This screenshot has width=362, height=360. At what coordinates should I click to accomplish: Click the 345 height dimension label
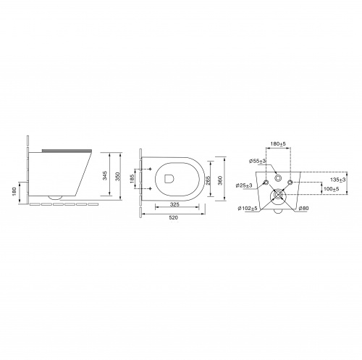coord(105,175)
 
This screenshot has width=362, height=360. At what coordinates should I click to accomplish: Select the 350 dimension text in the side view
coord(117,177)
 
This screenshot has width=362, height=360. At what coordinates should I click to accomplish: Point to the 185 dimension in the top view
coord(132,179)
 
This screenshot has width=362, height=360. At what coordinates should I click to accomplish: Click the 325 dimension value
coord(174,204)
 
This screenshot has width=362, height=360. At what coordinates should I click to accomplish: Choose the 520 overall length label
coord(174,217)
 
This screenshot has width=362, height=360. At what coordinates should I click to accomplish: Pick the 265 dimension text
coord(209,180)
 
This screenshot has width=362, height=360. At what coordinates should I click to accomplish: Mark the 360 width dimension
coord(221,180)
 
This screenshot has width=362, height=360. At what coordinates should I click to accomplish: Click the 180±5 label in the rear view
coord(278,143)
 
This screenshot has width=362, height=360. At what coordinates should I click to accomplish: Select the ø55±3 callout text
coord(258,161)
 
